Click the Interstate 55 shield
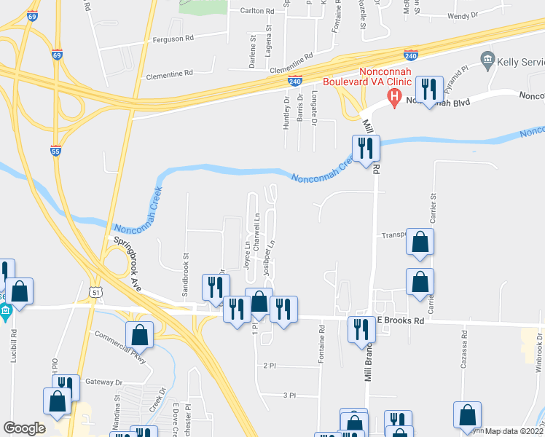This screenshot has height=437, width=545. pyautogui.click(x=55, y=151)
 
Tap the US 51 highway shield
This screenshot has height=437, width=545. pyautogui.click(x=96, y=291)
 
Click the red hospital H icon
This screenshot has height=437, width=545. pyautogui.click(x=395, y=95)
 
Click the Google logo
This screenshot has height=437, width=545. pyautogui.click(x=24, y=428)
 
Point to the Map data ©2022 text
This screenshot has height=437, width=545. pyautogui.click(x=514, y=431)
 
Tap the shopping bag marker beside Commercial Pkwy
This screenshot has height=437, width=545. pyautogui.click(x=139, y=335)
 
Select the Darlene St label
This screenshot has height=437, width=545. pyautogui.click(x=253, y=52)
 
